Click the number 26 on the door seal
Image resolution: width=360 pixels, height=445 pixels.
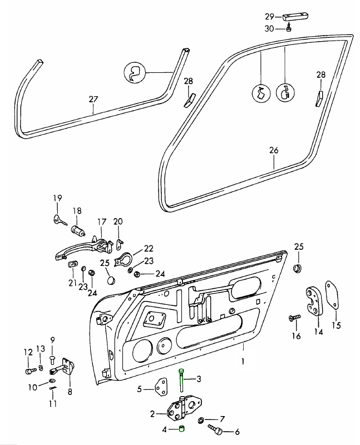pos(273,150)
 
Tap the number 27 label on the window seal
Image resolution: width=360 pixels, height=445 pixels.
pos(93,100)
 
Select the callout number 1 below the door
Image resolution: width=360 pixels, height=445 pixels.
pos(243,361)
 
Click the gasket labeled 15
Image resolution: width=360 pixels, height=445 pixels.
pos(332,295)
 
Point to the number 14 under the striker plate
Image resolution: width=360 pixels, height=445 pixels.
pos(318,332)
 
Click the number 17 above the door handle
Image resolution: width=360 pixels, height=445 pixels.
pos(101,222)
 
